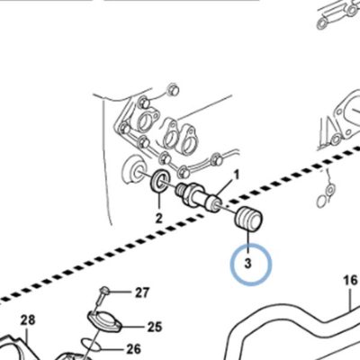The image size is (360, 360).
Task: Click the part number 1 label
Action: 237,175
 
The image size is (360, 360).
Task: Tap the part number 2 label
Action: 158,218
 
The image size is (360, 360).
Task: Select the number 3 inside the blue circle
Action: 247,263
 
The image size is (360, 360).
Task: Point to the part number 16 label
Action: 351,281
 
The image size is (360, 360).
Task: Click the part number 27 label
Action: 142,292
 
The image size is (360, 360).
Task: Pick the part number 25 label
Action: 155,327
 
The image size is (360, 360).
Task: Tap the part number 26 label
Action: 133,349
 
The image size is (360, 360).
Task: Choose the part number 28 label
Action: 28,320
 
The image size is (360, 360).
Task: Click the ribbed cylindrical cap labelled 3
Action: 248,220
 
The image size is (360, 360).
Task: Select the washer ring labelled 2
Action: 159,182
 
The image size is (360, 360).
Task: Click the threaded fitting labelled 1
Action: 199,196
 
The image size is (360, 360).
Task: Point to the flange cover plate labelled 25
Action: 103,321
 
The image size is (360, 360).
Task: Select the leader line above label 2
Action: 159,202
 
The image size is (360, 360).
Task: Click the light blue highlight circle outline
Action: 231,265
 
